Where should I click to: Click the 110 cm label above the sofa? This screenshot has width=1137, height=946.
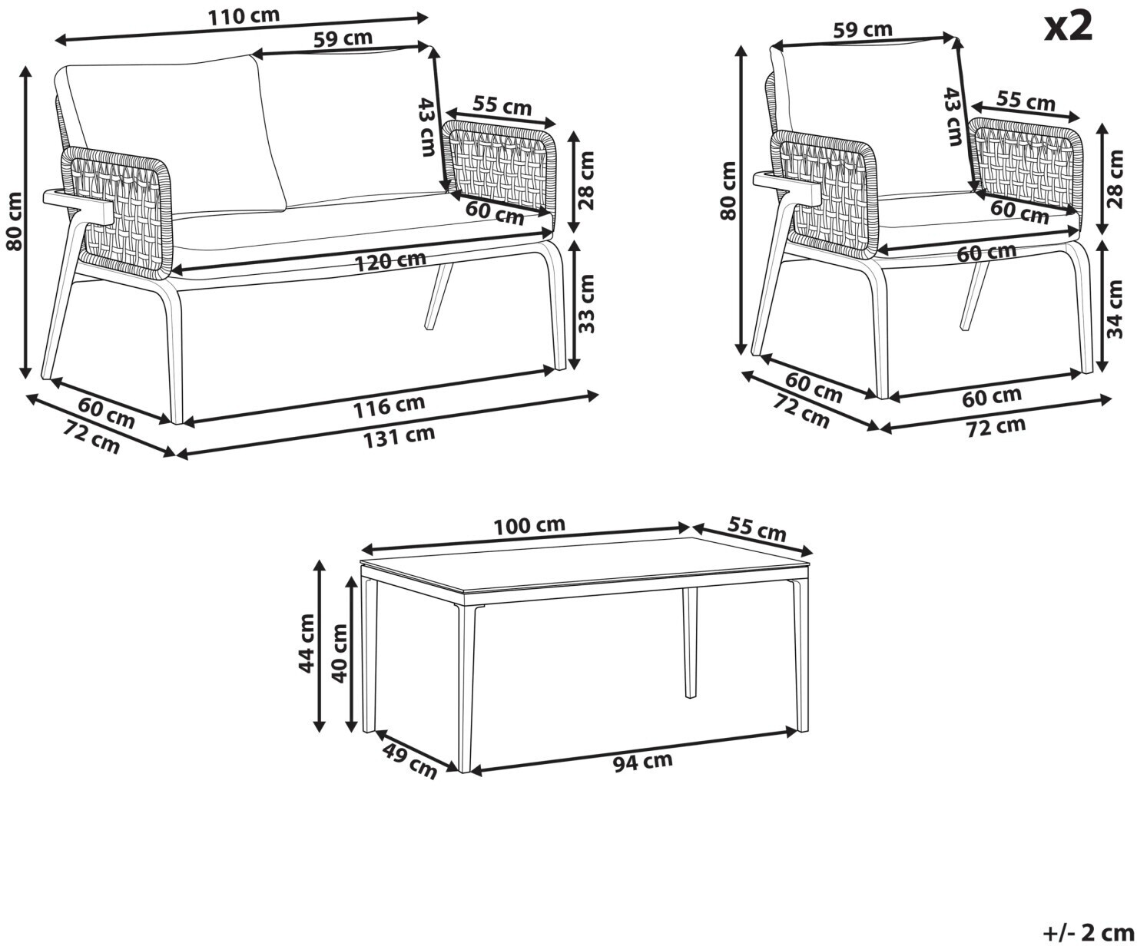(244, 16)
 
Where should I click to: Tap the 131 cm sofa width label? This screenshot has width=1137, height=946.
(399, 437)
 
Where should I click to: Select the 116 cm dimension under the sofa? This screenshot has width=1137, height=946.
(389, 406)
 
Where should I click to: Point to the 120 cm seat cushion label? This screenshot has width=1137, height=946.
(390, 261)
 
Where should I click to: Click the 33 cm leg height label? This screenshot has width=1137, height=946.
(586, 304)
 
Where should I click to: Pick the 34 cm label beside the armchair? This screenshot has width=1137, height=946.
(1115, 309)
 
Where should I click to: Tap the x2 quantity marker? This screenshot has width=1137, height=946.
(1069, 27)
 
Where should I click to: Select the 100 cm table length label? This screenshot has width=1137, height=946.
(529, 525)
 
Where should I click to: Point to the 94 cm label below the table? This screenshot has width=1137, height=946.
(642, 762)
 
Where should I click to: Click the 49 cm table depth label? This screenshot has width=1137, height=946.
(409, 761)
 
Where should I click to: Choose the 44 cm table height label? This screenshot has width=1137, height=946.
(307, 643)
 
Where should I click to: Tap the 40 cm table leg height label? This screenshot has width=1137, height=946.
(340, 653)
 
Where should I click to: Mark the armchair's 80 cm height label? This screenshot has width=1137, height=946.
(728, 190)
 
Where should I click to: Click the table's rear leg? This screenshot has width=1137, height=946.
(690, 643)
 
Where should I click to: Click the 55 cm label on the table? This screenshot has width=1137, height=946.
(757, 529)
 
